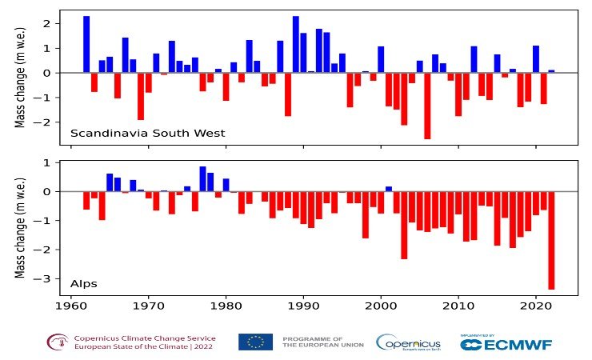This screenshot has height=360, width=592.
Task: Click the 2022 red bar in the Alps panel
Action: pyautogui.click(x=551, y=240)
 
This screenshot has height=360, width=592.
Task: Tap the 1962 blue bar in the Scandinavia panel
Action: pyautogui.click(x=86, y=44)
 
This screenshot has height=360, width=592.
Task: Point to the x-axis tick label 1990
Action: pyautogui.click(x=303, y=305)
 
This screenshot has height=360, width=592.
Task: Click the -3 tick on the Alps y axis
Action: pyautogui.click(x=46, y=278)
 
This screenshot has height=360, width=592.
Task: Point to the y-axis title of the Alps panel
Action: pyautogui.click(x=22, y=229)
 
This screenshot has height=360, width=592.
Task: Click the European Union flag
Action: pyautogui.click(x=255, y=342)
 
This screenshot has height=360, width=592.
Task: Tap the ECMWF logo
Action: pyautogui.click(x=506, y=343)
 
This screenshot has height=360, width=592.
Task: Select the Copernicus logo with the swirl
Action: pyautogui.click(x=407, y=342)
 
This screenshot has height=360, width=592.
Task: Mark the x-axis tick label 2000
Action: pyautogui.click(x=381, y=305)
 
